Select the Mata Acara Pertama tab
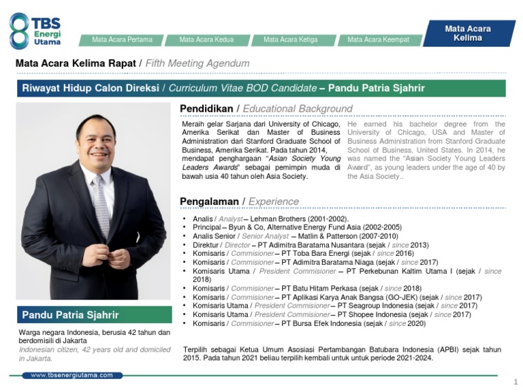point(122,39)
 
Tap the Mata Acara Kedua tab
point(206,39)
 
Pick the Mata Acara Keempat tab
point(378,39)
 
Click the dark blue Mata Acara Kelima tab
point(467,33)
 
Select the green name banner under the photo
point(95,315)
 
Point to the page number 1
point(516,381)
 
